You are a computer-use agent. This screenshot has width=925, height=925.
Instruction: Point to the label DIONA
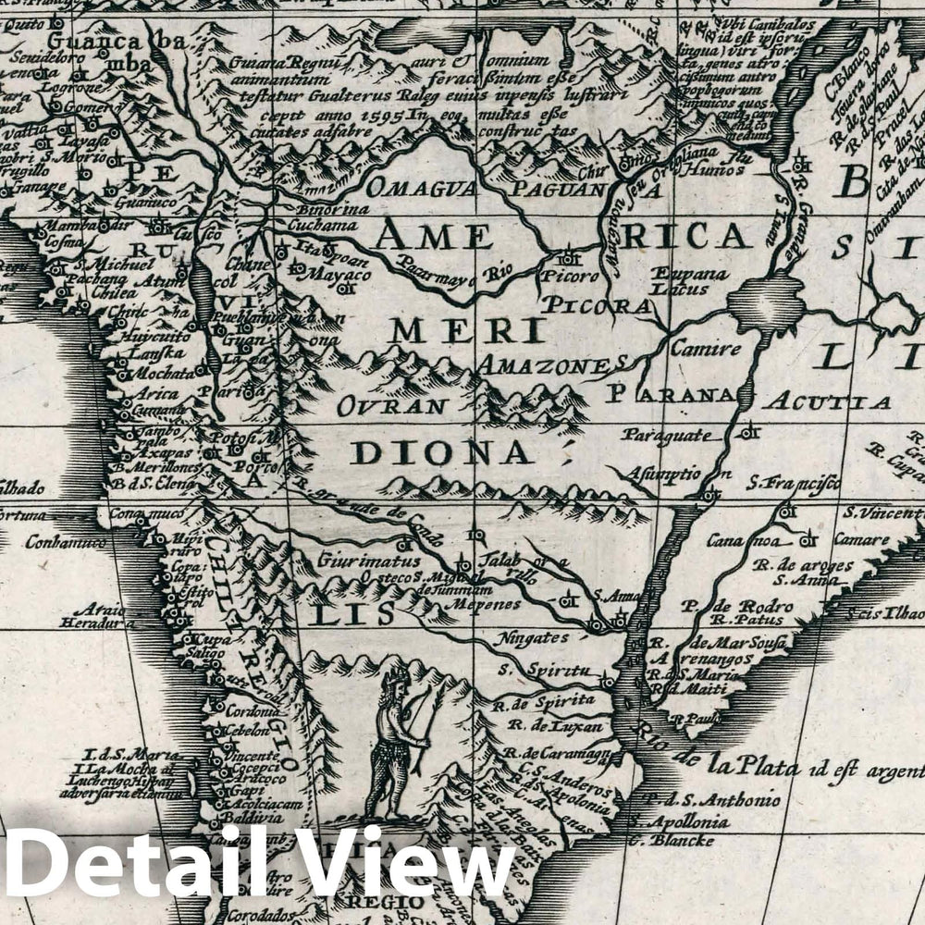coord(441,452)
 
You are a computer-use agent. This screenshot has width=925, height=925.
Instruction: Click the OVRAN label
coord(392,406)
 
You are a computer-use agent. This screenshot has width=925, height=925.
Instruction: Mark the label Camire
coord(706,349)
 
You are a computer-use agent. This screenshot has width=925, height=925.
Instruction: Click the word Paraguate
coord(666,434)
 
